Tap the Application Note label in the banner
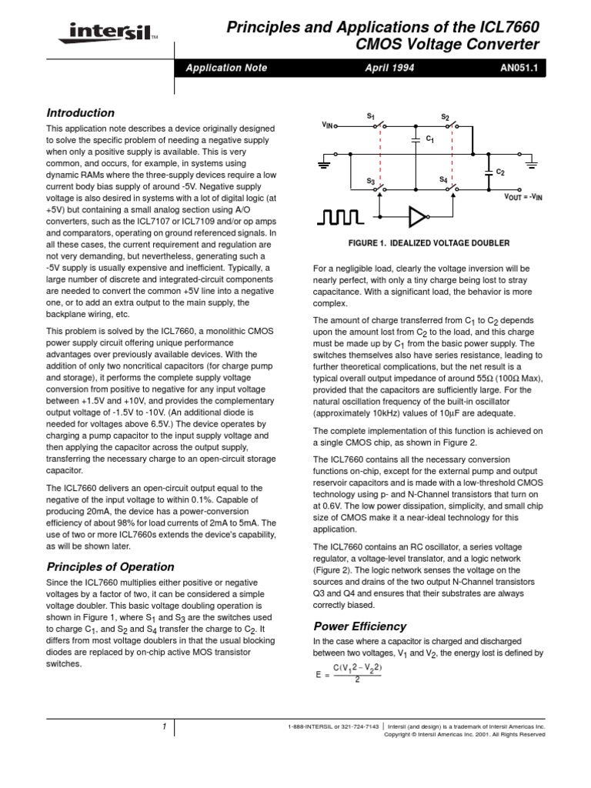(x=226, y=68)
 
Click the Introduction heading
(x=81, y=112)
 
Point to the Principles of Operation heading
(x=110, y=567)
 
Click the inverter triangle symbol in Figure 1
(x=416, y=218)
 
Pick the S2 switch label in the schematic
(x=445, y=116)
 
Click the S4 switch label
(x=443, y=179)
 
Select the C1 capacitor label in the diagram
(x=430, y=139)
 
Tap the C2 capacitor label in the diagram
(x=500, y=171)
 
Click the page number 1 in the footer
(x=164, y=727)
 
